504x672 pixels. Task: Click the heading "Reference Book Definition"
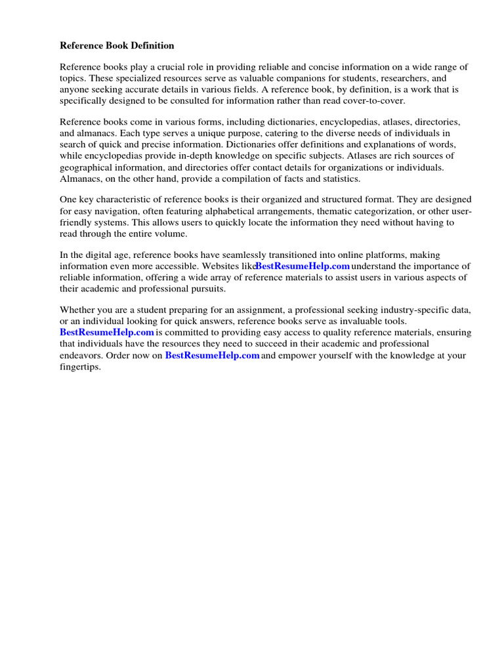tap(117, 46)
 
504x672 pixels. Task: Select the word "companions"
tap(296, 77)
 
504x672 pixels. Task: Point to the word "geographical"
tap(86, 167)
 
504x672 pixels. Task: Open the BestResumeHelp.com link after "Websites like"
tap(302, 266)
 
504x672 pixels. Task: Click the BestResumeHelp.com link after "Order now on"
tap(212, 356)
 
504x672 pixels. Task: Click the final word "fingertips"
tap(81, 367)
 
